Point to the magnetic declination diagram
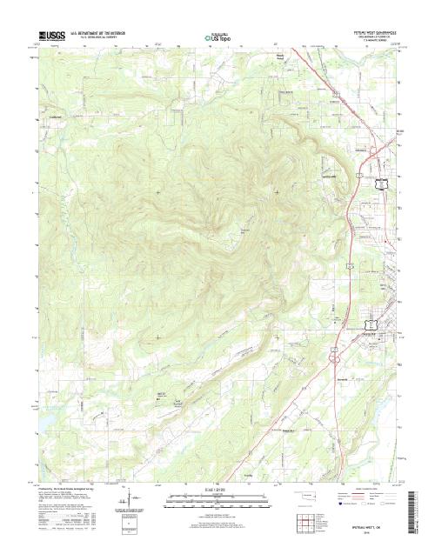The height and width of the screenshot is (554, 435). pos(128,499)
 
